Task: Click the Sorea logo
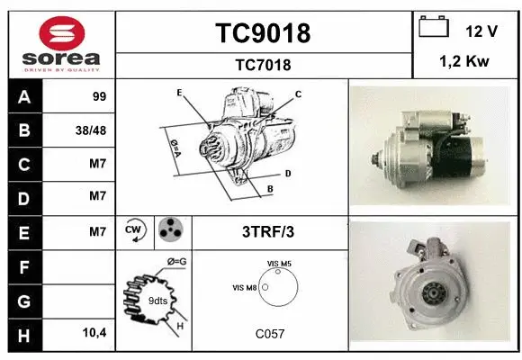click(61, 41)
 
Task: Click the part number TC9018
click(263, 33)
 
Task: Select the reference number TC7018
click(263, 65)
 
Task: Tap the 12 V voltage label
click(481, 31)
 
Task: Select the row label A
click(23, 95)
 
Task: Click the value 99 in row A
click(99, 95)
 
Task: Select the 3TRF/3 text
click(268, 232)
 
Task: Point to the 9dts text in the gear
click(157, 301)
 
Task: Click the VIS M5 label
click(279, 263)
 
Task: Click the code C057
click(270, 334)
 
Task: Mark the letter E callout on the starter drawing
click(179, 94)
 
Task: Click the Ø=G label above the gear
click(175, 262)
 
